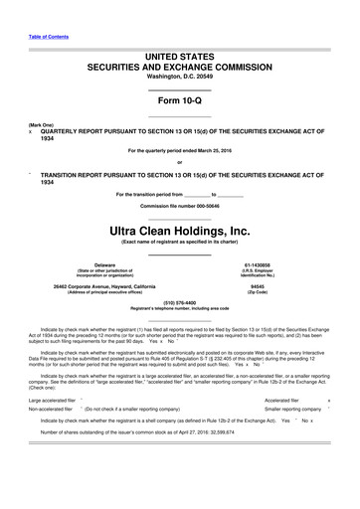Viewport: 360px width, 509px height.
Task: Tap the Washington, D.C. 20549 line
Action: click(x=179, y=84)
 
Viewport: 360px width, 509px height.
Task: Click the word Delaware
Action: click(x=90, y=264)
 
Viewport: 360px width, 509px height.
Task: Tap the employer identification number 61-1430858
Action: click(x=270, y=264)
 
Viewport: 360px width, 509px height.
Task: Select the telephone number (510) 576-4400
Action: click(x=179, y=301)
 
